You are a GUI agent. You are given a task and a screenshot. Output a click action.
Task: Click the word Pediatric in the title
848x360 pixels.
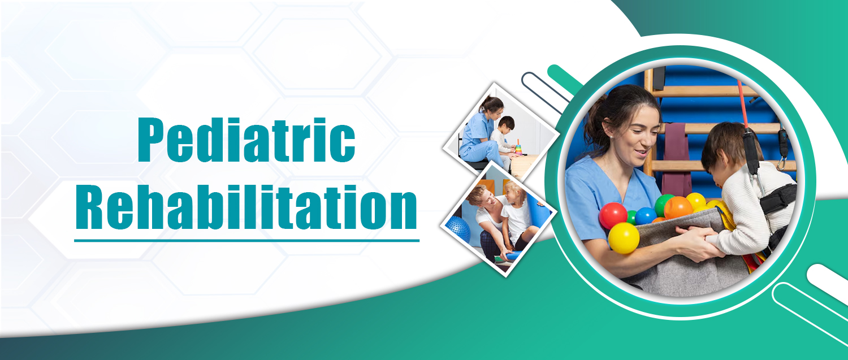pyautogui.click(x=246, y=140)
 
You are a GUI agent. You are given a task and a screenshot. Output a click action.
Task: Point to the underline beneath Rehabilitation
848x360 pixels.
pyautogui.click(x=247, y=240)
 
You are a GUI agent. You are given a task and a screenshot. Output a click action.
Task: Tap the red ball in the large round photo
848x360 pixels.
pyautogui.click(x=613, y=216)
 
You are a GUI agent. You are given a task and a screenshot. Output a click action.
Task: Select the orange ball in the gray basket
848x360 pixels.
pyautogui.click(x=678, y=207)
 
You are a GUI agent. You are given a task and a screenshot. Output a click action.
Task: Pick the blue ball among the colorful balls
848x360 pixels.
pyautogui.click(x=646, y=216)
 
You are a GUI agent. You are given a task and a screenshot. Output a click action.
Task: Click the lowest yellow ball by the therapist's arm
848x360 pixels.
pyautogui.click(x=624, y=238)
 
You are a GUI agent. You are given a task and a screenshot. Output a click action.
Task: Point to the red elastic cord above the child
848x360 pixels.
pyautogui.click(x=742, y=104)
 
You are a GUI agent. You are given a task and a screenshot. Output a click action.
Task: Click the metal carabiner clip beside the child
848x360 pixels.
pyautogui.click(x=781, y=163)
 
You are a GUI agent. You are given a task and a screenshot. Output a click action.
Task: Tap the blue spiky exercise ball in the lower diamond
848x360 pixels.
pyautogui.click(x=458, y=229)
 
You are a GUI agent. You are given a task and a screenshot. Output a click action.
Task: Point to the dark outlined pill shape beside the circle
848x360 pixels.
pyautogui.click(x=545, y=93)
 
